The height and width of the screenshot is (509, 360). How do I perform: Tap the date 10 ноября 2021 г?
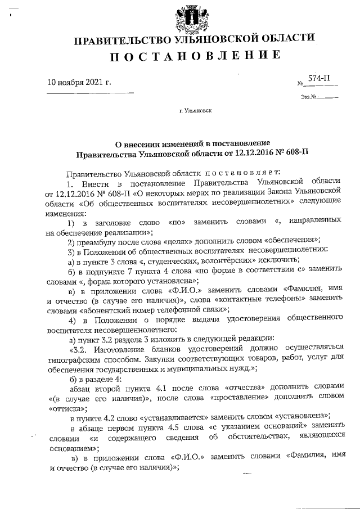coord(79,83)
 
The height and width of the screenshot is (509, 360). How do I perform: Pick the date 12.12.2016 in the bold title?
coord(251,152)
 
